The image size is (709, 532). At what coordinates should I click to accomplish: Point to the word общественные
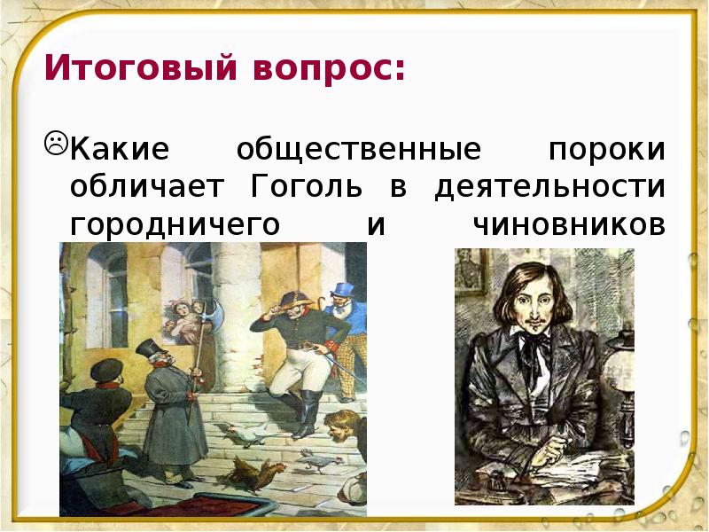click(x=358, y=150)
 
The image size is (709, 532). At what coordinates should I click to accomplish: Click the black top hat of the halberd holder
click(x=147, y=347)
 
